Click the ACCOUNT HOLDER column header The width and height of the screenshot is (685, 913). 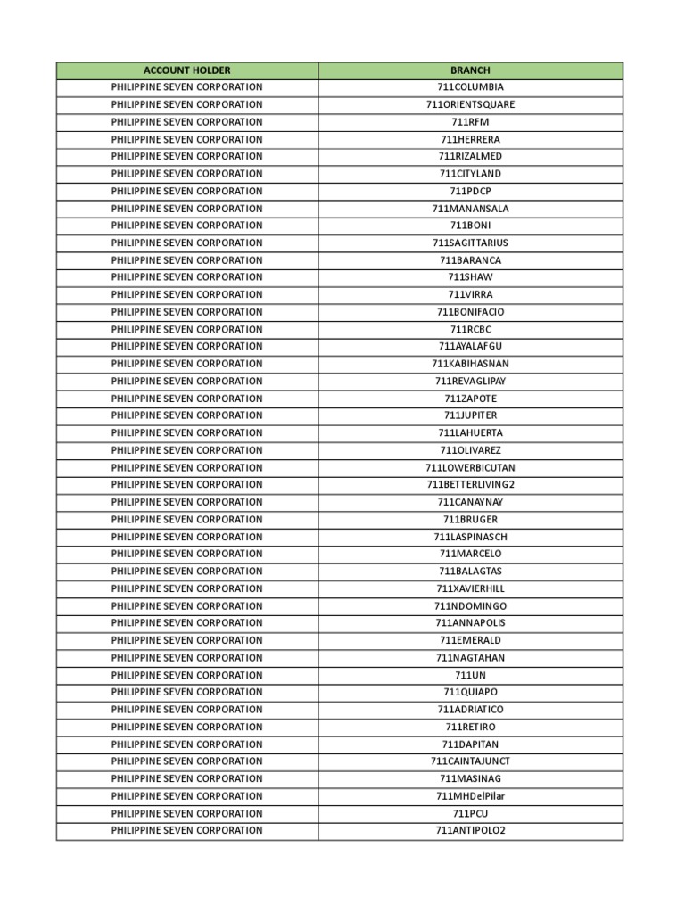click(x=186, y=70)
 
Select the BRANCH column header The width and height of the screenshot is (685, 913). click(x=470, y=70)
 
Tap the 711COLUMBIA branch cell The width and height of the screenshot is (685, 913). click(x=470, y=87)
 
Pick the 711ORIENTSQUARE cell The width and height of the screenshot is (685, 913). click(x=470, y=105)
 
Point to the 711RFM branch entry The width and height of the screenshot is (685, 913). click(x=470, y=122)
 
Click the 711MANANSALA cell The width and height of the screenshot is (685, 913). click(x=470, y=209)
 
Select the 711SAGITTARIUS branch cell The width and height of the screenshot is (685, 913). click(x=470, y=243)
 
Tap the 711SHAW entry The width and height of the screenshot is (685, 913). click(x=470, y=277)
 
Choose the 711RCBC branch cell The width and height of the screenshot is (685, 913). click(x=470, y=330)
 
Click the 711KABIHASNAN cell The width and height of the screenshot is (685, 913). click(x=470, y=364)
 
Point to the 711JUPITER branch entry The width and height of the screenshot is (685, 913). click(x=470, y=415)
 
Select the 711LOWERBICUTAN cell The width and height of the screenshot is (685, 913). click(x=470, y=468)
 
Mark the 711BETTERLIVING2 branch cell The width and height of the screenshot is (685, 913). click(x=470, y=485)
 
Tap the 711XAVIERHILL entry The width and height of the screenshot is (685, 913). click(x=470, y=588)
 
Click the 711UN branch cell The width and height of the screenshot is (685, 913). click(x=470, y=675)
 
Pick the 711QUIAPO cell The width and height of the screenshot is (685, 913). click(x=470, y=692)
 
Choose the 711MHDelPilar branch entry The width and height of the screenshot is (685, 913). click(x=470, y=796)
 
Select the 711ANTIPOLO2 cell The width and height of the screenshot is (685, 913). click(x=470, y=831)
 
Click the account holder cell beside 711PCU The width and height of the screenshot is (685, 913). click(x=186, y=813)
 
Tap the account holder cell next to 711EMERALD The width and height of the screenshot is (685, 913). click(x=186, y=640)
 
